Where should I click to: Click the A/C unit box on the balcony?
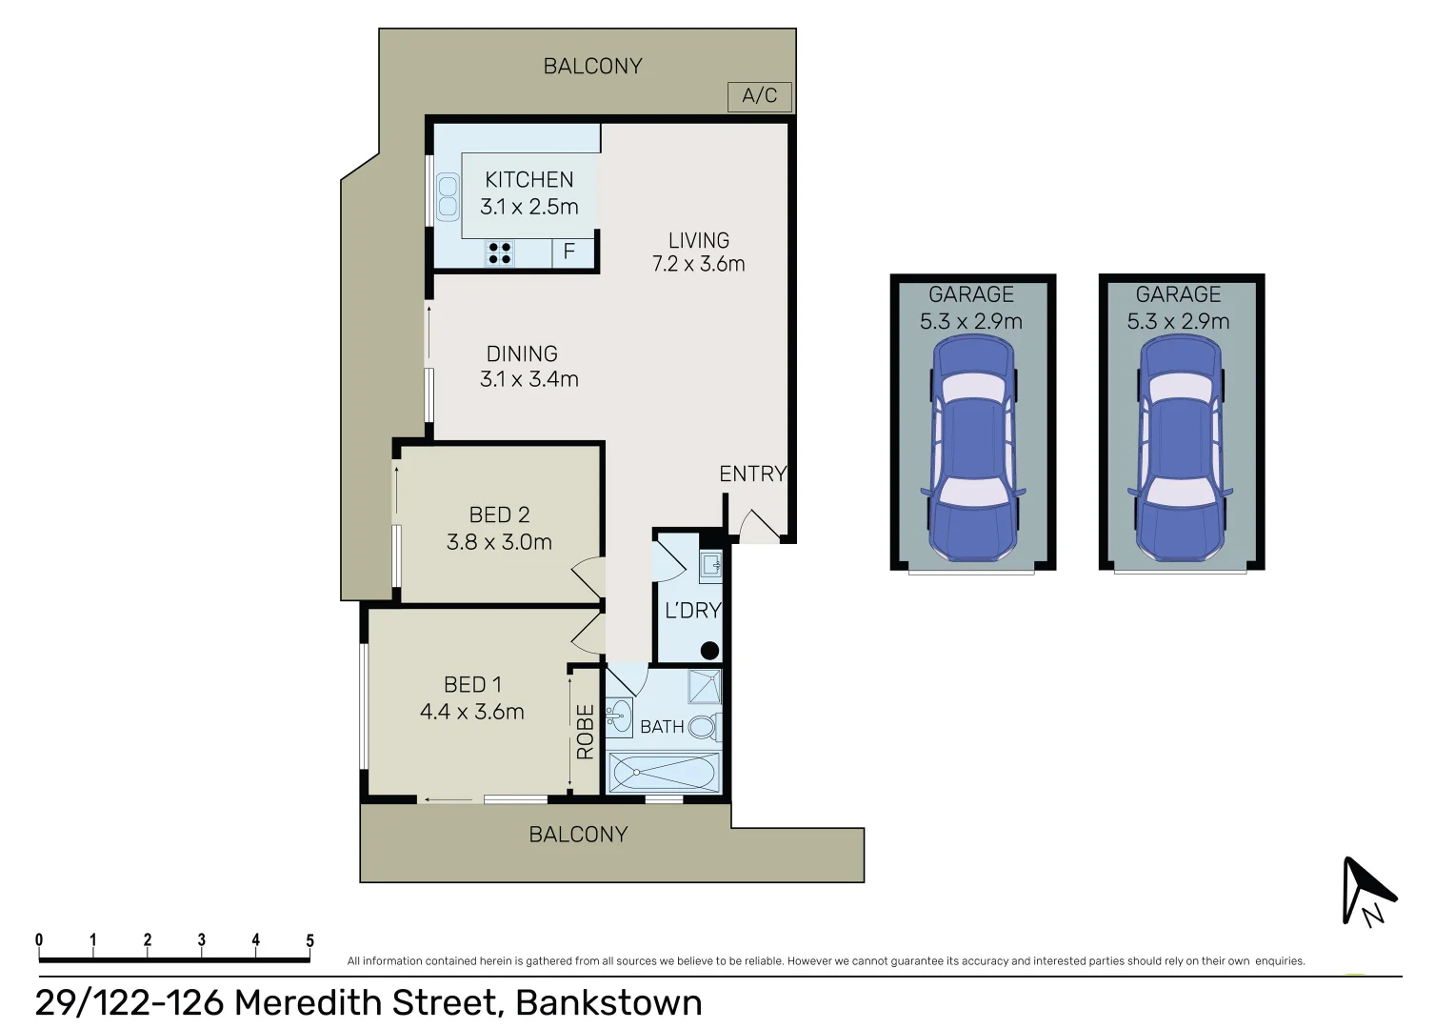point(759,96)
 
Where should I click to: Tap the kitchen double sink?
point(448,197)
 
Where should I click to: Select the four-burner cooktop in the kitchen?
point(500,252)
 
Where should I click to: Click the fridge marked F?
point(569,252)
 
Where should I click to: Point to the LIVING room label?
point(698,240)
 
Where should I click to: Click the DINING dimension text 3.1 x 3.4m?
point(528,379)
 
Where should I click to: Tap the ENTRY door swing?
point(759,525)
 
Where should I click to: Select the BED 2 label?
point(499,514)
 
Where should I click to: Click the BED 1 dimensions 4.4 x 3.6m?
point(471,712)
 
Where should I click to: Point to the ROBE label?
point(585,731)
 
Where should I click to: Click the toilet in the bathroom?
point(703,728)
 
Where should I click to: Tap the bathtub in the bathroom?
point(664,772)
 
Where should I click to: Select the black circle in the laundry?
point(709,651)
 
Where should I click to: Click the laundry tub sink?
point(710,567)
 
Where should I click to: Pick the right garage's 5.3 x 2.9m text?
point(1178,322)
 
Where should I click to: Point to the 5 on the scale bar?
point(309,940)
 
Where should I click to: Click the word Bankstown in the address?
point(608,1003)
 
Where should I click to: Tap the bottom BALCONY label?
point(578,835)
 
